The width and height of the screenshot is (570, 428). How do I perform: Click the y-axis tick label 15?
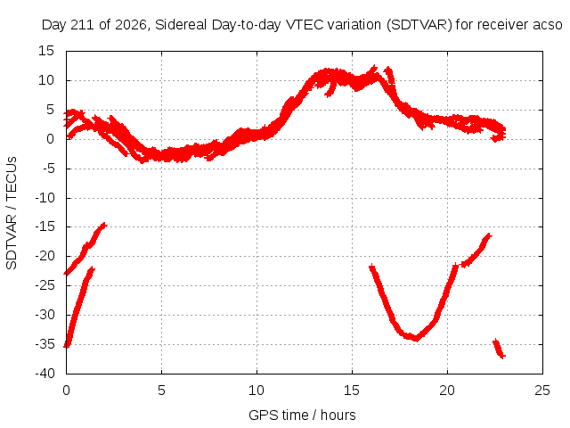46,51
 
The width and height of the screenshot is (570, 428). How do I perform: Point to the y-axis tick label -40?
45,374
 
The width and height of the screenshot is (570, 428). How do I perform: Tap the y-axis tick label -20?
45,256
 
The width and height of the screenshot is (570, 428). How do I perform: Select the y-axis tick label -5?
48,169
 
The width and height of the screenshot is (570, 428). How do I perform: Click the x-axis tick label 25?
542,391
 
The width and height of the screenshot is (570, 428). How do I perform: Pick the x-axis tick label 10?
256,391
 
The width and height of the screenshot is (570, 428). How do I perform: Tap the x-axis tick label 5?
161,391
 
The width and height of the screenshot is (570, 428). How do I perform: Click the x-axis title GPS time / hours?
302,415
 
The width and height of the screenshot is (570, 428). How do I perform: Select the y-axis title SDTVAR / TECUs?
12,213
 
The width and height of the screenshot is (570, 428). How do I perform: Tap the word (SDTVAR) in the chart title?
419,25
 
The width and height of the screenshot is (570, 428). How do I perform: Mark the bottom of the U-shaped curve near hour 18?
416,339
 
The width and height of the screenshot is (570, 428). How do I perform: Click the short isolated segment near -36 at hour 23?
499,349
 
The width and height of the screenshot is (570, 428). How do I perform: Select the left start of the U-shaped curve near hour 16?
371,267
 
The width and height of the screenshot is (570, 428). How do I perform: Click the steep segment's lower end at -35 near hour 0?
67,346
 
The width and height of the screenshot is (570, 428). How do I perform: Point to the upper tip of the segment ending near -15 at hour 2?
105,225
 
